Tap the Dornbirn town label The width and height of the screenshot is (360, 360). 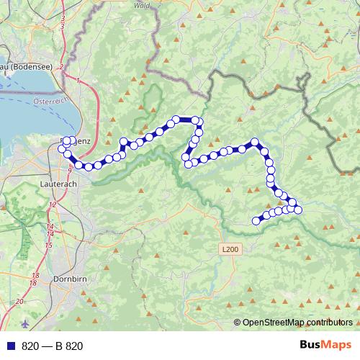click(x=71, y=278)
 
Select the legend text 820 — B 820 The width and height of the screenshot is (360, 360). click(x=53, y=346)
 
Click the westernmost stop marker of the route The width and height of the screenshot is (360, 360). click(x=62, y=149)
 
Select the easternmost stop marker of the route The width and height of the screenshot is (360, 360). click(x=298, y=209)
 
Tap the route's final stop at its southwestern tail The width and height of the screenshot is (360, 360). click(x=255, y=220)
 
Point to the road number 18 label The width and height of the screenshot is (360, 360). click(x=35, y=276)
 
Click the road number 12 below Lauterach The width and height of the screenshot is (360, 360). click(x=52, y=204)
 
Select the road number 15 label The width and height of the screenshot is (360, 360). click(x=48, y=246)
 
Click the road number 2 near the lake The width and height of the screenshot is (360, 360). click(x=63, y=67)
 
